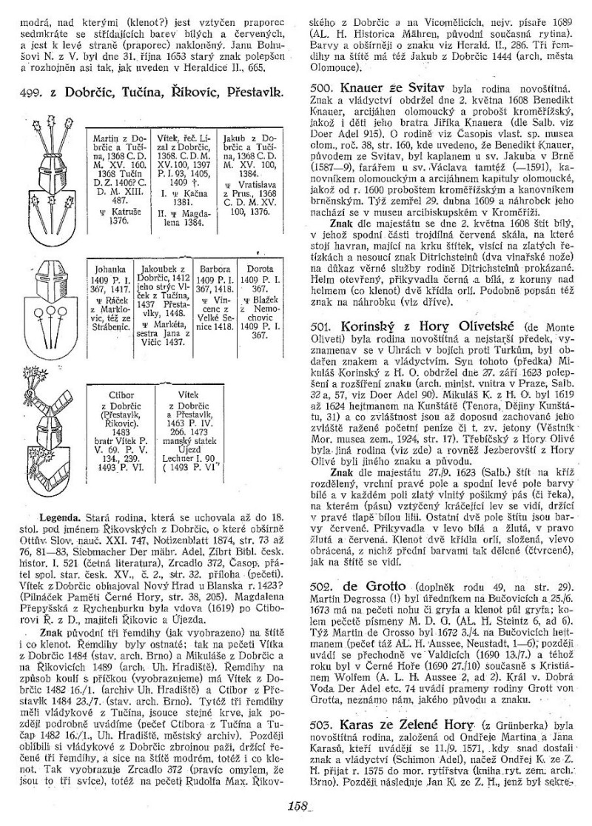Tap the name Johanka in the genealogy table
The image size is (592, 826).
coord(104,261)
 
